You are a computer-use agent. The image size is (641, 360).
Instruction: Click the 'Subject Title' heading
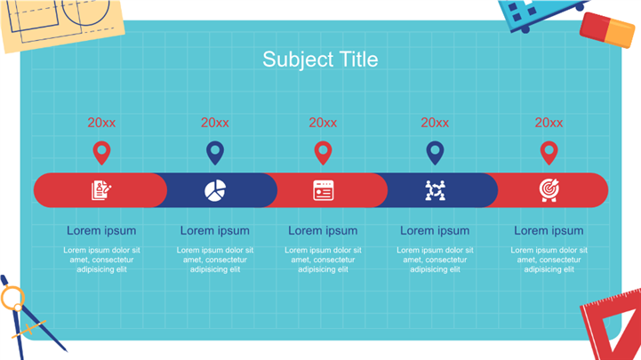320,60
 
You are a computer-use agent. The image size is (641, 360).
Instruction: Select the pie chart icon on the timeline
215,190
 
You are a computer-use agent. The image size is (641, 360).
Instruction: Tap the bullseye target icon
549,190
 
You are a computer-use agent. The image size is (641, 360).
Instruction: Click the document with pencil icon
101,190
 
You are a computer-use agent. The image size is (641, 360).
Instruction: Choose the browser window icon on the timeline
323,190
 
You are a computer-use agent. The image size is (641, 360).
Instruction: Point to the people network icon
435,190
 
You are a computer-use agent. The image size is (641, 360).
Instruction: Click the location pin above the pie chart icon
215,153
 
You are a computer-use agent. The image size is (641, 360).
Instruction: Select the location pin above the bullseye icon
549,153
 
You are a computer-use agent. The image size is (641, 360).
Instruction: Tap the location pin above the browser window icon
323,153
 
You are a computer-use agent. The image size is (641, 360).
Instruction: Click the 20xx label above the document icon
101,123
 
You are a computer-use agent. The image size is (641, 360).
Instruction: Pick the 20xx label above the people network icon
435,123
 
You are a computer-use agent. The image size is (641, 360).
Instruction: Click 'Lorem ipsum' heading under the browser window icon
323,231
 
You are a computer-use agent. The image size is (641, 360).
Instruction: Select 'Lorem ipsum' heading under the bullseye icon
549,231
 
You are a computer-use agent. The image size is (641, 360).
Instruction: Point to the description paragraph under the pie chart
215,260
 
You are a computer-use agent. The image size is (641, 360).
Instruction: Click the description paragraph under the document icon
101,260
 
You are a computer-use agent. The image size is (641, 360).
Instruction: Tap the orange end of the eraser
621,34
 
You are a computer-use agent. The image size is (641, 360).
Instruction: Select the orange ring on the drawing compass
12,298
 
